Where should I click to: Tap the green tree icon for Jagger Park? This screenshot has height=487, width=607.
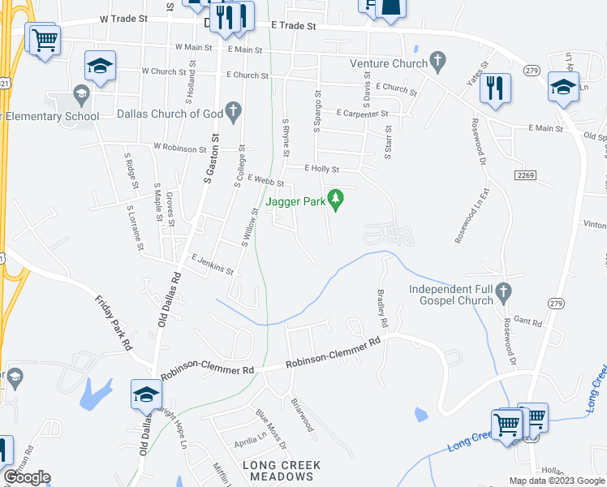pos(334,198)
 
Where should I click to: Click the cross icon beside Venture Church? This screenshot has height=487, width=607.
pos(438,60)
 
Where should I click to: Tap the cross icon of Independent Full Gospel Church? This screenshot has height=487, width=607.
pos(502,290)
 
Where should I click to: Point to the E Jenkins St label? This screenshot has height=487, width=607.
pos(213,264)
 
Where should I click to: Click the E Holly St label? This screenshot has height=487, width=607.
pos(321,169)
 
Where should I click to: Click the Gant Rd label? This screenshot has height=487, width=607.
pos(527,322)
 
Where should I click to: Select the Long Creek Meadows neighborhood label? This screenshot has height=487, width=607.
pos(282,472)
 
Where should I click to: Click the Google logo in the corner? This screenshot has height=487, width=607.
pos(27,477)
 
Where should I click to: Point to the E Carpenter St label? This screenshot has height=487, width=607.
pos(362,114)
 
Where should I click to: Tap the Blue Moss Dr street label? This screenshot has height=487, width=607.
pos(271,430)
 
